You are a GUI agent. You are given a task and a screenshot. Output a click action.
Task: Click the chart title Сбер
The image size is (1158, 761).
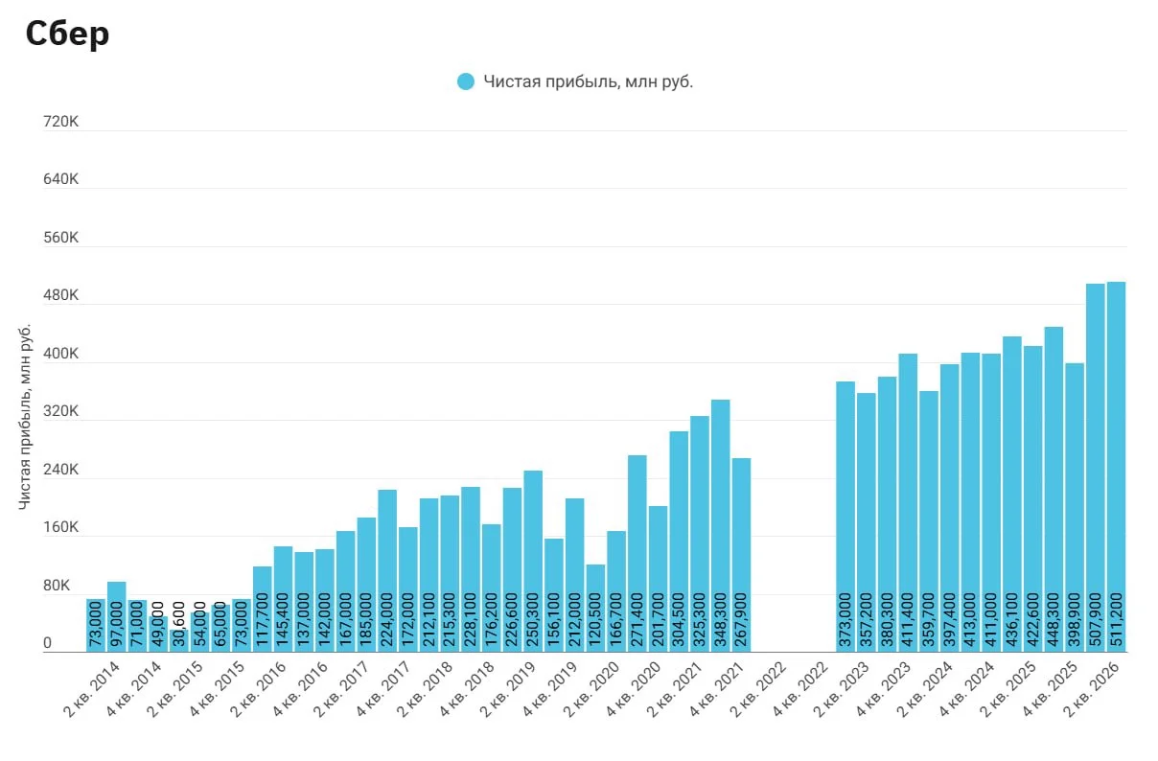(67, 35)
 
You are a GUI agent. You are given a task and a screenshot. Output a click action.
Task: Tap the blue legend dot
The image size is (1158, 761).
(466, 81)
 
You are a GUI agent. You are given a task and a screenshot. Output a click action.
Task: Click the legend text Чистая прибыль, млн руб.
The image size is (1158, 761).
(588, 81)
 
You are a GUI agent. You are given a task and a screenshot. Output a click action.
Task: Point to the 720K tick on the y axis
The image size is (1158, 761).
(60, 122)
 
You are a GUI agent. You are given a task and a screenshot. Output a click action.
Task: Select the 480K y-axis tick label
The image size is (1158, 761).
(60, 295)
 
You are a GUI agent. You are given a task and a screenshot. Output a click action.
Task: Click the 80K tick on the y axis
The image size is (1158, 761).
(57, 586)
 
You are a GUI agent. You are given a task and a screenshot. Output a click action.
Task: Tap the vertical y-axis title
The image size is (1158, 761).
(24, 417)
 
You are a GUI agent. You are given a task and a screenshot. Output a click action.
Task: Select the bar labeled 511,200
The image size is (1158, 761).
(1116, 467)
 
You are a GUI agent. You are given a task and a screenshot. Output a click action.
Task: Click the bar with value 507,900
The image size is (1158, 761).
(1095, 468)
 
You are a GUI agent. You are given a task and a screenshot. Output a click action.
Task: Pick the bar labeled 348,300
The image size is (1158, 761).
(720, 526)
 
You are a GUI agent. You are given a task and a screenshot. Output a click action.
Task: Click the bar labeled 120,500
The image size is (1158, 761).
(595, 608)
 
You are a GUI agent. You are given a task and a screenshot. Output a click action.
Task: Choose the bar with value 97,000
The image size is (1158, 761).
(116, 617)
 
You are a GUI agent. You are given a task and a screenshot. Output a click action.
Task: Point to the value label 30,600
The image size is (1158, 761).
(179, 624)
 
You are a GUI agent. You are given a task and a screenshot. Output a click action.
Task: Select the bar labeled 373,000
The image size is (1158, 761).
(845, 517)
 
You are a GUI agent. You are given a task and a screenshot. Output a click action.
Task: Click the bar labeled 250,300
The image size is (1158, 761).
(533, 561)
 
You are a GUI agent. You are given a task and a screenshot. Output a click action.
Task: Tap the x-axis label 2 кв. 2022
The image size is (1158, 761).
(758, 689)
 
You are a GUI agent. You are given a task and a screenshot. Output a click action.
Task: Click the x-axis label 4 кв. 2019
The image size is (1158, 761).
(550, 689)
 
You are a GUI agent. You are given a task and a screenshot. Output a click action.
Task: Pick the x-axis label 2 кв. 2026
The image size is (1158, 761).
(1092, 689)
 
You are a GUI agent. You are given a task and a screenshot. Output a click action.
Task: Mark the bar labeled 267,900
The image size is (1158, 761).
(741, 555)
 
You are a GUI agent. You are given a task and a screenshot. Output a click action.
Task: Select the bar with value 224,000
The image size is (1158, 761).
(387, 571)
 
